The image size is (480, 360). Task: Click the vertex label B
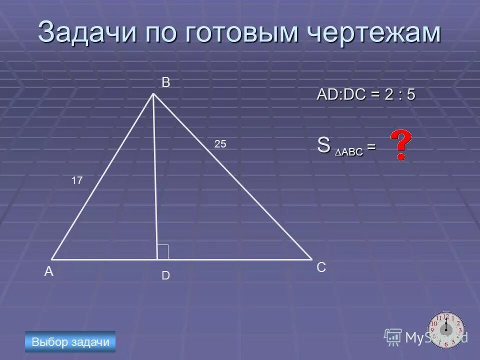(166, 83)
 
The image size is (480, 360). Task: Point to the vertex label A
(48, 272)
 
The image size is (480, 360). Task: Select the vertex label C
(321, 268)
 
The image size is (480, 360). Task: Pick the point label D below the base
(165, 275)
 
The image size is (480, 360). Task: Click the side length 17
(76, 181)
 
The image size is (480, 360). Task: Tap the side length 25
(220, 144)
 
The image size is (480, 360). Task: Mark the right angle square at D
(163, 252)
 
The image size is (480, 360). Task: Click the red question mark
(400, 145)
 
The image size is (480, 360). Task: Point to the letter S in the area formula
(323, 146)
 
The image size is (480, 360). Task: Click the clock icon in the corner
(446, 329)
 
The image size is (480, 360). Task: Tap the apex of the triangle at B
(153, 93)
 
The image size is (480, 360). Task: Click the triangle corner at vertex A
(52, 259)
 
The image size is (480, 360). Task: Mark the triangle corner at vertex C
(310, 259)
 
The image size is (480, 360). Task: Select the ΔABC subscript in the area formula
(349, 151)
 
